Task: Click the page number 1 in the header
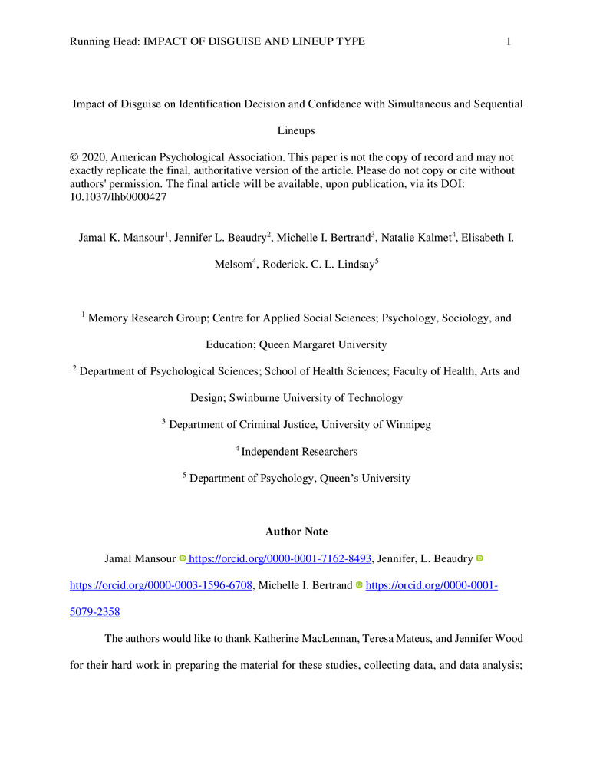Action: coord(509,41)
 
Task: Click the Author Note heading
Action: coord(296,531)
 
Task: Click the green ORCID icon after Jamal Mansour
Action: coord(183,559)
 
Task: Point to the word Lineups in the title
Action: coord(296,130)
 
